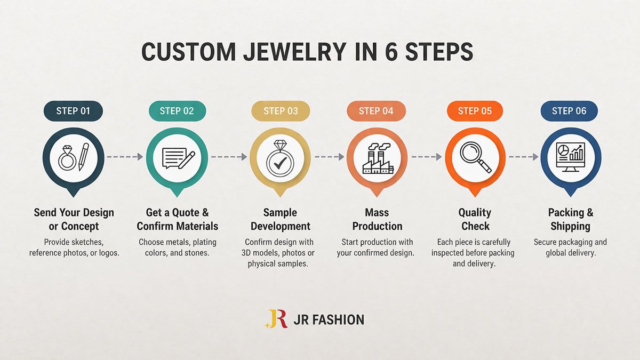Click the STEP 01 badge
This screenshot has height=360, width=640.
(73, 111)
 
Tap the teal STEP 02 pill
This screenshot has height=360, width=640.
(177, 111)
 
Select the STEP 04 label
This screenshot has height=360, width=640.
(376, 111)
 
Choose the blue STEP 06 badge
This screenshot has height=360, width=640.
(569, 111)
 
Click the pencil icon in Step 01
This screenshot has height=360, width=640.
(84, 157)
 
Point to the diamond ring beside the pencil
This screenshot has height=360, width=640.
(67, 158)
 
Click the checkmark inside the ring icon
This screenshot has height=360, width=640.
(280, 163)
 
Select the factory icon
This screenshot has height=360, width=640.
(378, 159)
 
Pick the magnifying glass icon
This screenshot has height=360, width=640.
(475, 157)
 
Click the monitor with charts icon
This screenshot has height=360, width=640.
(571, 157)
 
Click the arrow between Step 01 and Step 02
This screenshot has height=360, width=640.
(125, 157)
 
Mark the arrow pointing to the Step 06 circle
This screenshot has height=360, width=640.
(524, 157)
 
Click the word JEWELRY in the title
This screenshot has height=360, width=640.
(295, 52)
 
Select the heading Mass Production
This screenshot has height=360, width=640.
(377, 219)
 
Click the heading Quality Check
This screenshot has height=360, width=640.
(475, 219)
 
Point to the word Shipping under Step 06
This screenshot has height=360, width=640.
(570, 226)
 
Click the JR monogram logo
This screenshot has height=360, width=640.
(276, 318)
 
